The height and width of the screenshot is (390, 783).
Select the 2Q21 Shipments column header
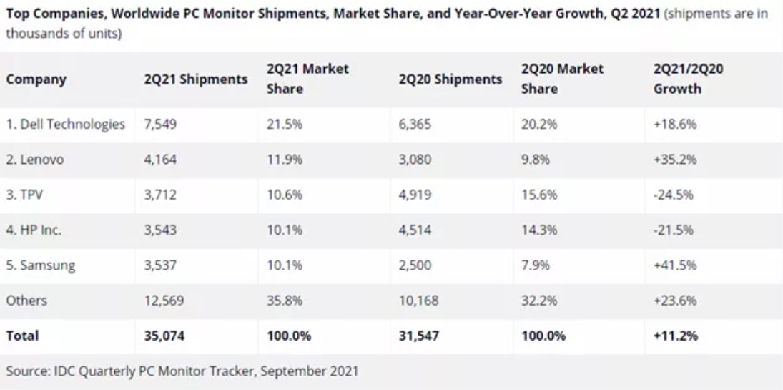click(x=195, y=79)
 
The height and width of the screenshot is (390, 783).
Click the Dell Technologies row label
click(x=65, y=124)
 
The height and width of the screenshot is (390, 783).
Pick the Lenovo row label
click(x=35, y=160)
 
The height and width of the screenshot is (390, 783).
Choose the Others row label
click(x=26, y=301)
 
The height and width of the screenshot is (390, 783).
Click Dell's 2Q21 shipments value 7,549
click(x=159, y=124)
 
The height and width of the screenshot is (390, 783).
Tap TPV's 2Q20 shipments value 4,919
click(x=415, y=195)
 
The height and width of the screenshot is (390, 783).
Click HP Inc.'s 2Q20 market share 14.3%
click(x=536, y=230)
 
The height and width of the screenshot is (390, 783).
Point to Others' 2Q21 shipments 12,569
click(x=162, y=301)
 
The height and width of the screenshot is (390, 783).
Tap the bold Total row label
click(x=23, y=336)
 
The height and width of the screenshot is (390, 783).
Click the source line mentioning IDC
click(x=182, y=371)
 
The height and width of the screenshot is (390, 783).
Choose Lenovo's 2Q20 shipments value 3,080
click(x=415, y=160)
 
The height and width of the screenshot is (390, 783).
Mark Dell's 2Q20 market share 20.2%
click(x=536, y=124)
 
